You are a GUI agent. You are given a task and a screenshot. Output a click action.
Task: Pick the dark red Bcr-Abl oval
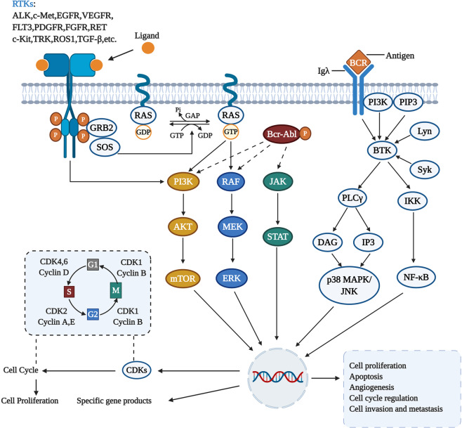click(x=286, y=133)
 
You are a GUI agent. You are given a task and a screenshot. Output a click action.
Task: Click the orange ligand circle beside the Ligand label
click(x=148, y=48)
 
